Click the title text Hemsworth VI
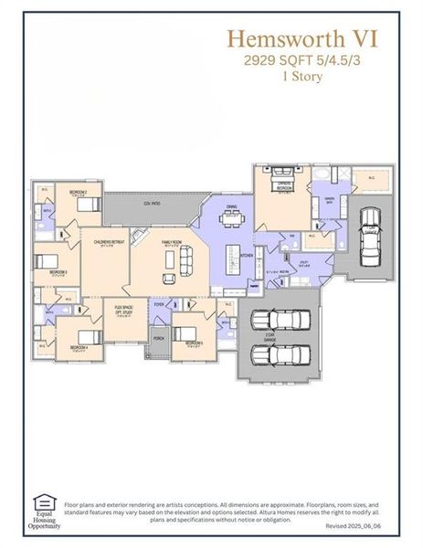click(302, 39)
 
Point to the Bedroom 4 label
click(79, 347)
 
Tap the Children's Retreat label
click(104, 242)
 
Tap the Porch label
click(158, 338)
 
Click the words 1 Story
click(301, 77)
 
